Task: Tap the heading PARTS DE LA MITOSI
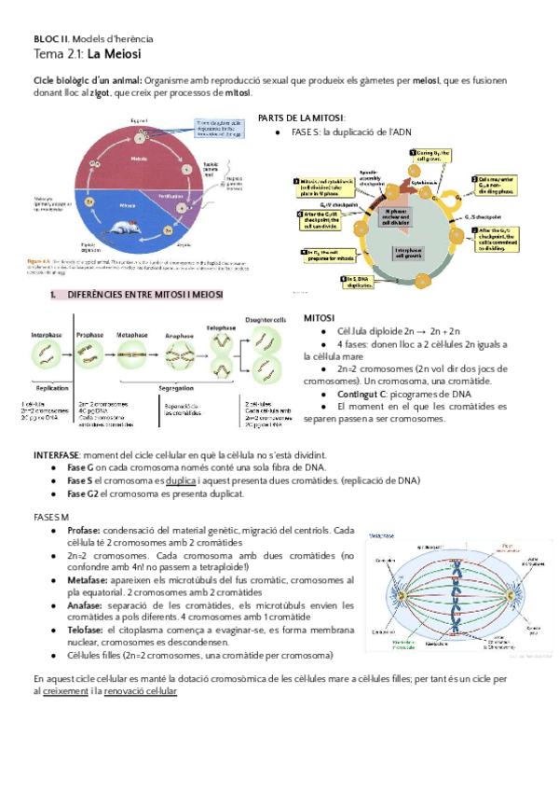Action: pyautogui.click(x=301, y=118)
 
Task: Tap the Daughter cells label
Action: pyautogui.click(x=266, y=320)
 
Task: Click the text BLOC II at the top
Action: pyautogui.click(x=50, y=39)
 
